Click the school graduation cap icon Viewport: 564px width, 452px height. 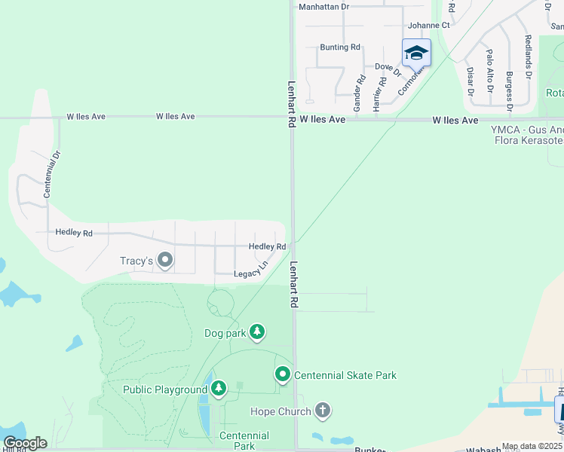coord(416,52)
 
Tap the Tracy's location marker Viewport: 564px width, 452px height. coord(165,261)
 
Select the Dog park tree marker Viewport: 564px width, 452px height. coord(257,331)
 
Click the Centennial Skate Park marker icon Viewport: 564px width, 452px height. coord(283,374)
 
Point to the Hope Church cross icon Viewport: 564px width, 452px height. coord(323,411)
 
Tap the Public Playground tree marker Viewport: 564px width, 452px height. coord(219,389)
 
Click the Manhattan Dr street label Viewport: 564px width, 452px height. coord(324,6)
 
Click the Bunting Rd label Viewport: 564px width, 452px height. coord(340,47)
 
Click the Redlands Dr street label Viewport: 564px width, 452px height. coord(528,56)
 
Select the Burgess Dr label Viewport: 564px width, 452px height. coord(510,91)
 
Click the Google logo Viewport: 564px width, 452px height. coord(25,443)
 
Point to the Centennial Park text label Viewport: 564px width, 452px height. coord(244,441)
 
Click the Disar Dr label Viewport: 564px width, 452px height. coord(470,81)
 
